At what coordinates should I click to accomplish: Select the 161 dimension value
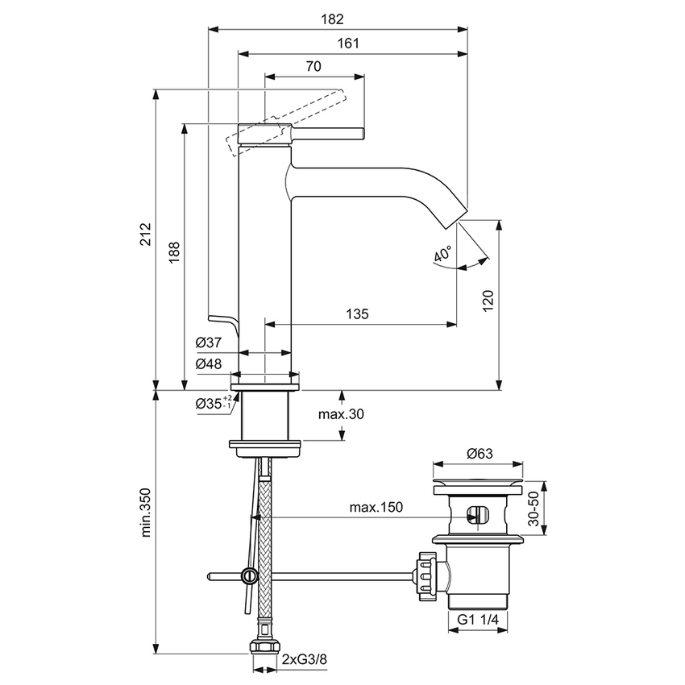tap(348, 44)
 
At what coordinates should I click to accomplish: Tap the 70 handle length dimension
tap(314, 67)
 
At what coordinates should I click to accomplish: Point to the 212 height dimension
tap(146, 234)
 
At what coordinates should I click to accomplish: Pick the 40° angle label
tap(442, 255)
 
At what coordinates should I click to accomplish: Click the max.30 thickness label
tap(341, 414)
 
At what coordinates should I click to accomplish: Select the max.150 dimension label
tap(376, 507)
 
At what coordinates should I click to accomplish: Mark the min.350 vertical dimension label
tap(146, 510)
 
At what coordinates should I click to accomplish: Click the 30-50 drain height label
tap(533, 508)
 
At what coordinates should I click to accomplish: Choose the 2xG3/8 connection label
tap(305, 660)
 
